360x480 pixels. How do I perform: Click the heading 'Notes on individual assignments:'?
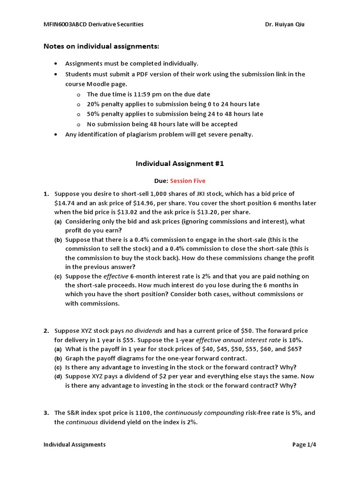(x=101, y=46)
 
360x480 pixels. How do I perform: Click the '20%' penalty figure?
(x=94, y=104)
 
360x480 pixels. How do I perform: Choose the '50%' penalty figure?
(x=94, y=114)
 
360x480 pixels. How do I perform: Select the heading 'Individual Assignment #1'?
(x=180, y=164)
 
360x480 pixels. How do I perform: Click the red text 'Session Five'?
(x=187, y=181)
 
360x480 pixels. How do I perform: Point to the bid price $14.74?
(x=65, y=203)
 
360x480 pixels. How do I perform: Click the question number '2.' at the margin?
(x=46, y=331)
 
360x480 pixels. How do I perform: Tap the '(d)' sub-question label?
(x=58, y=376)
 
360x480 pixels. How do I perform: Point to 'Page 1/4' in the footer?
(x=304, y=444)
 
